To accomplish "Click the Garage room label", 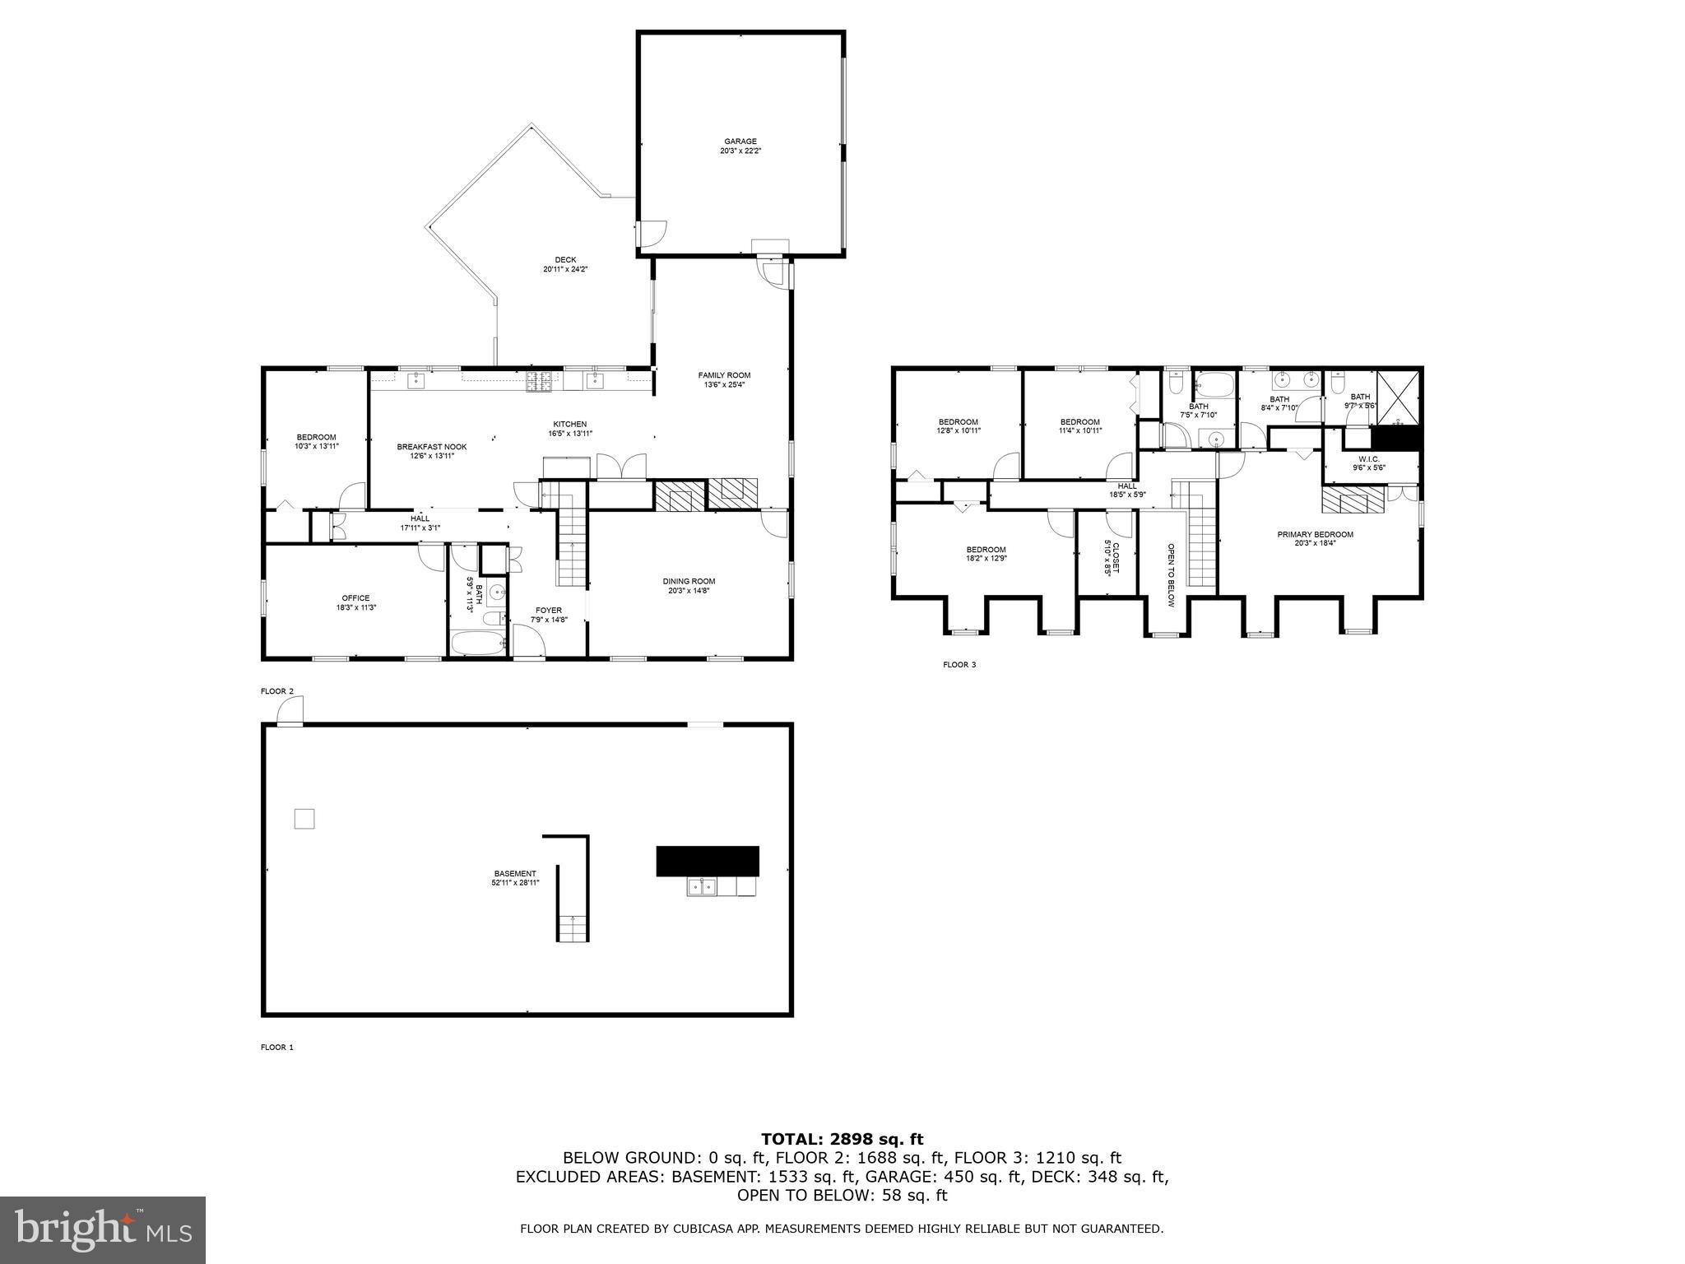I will pos(740,146).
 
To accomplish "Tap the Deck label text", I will pos(565,264).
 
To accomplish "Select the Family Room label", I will pos(724,379).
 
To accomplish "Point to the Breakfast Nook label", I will pos(431,451).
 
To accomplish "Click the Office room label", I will pos(355,602).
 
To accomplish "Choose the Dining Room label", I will pos(689,585).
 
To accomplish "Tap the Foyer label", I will pos(549,615).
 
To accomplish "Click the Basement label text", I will pos(515,878).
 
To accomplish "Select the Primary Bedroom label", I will pos(1315,538).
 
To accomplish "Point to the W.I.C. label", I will pos(1369,463).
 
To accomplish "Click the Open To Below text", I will pos(1171,574).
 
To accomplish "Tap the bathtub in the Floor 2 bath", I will pos(477,643).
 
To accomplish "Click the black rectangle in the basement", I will pos(707,861).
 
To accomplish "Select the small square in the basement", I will pos(304,819).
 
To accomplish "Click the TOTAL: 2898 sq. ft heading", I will pos(842,1139).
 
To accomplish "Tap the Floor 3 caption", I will pos(959,664).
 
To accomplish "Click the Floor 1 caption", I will pos(277,1048).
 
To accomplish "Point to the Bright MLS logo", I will pos(103,1229).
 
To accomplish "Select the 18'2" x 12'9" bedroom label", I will pos(986,554).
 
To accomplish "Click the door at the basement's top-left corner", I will pos(290,713).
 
